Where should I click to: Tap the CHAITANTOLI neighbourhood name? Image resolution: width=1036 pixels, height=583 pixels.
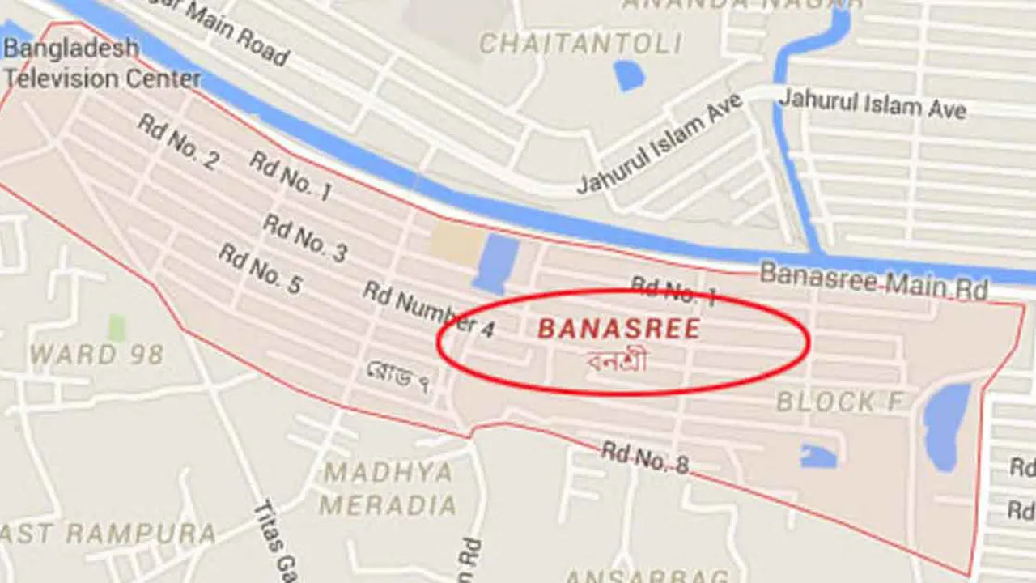(580, 43)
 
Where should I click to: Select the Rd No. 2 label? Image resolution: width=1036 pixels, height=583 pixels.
(177, 142)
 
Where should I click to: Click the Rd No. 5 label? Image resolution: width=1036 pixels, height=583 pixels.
(260, 270)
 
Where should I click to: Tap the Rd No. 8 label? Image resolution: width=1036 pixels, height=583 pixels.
(645, 458)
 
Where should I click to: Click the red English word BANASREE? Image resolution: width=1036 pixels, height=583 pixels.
(618, 329)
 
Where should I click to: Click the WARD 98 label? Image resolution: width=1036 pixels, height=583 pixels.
(96, 354)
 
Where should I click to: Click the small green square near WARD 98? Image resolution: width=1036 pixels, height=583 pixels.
(117, 328)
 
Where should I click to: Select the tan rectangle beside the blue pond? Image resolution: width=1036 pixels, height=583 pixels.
(456, 242)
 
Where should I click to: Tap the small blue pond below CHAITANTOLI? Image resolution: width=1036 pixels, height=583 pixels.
(629, 75)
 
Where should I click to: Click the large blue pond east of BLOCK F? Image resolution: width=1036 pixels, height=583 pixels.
(946, 426)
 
